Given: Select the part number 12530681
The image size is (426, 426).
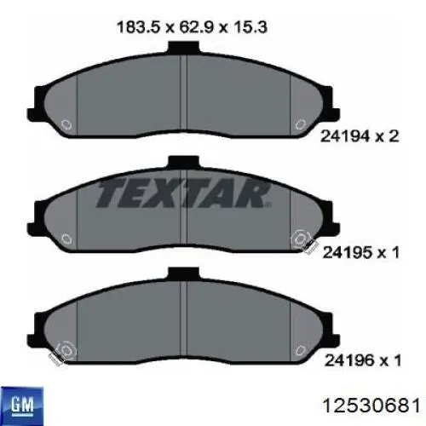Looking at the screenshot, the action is pyautogui.click(x=371, y=406).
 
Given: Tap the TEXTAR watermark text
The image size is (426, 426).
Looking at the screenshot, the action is pyautogui.click(x=183, y=193).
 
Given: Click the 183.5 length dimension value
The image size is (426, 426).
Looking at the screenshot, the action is pyautogui.click(x=139, y=27).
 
